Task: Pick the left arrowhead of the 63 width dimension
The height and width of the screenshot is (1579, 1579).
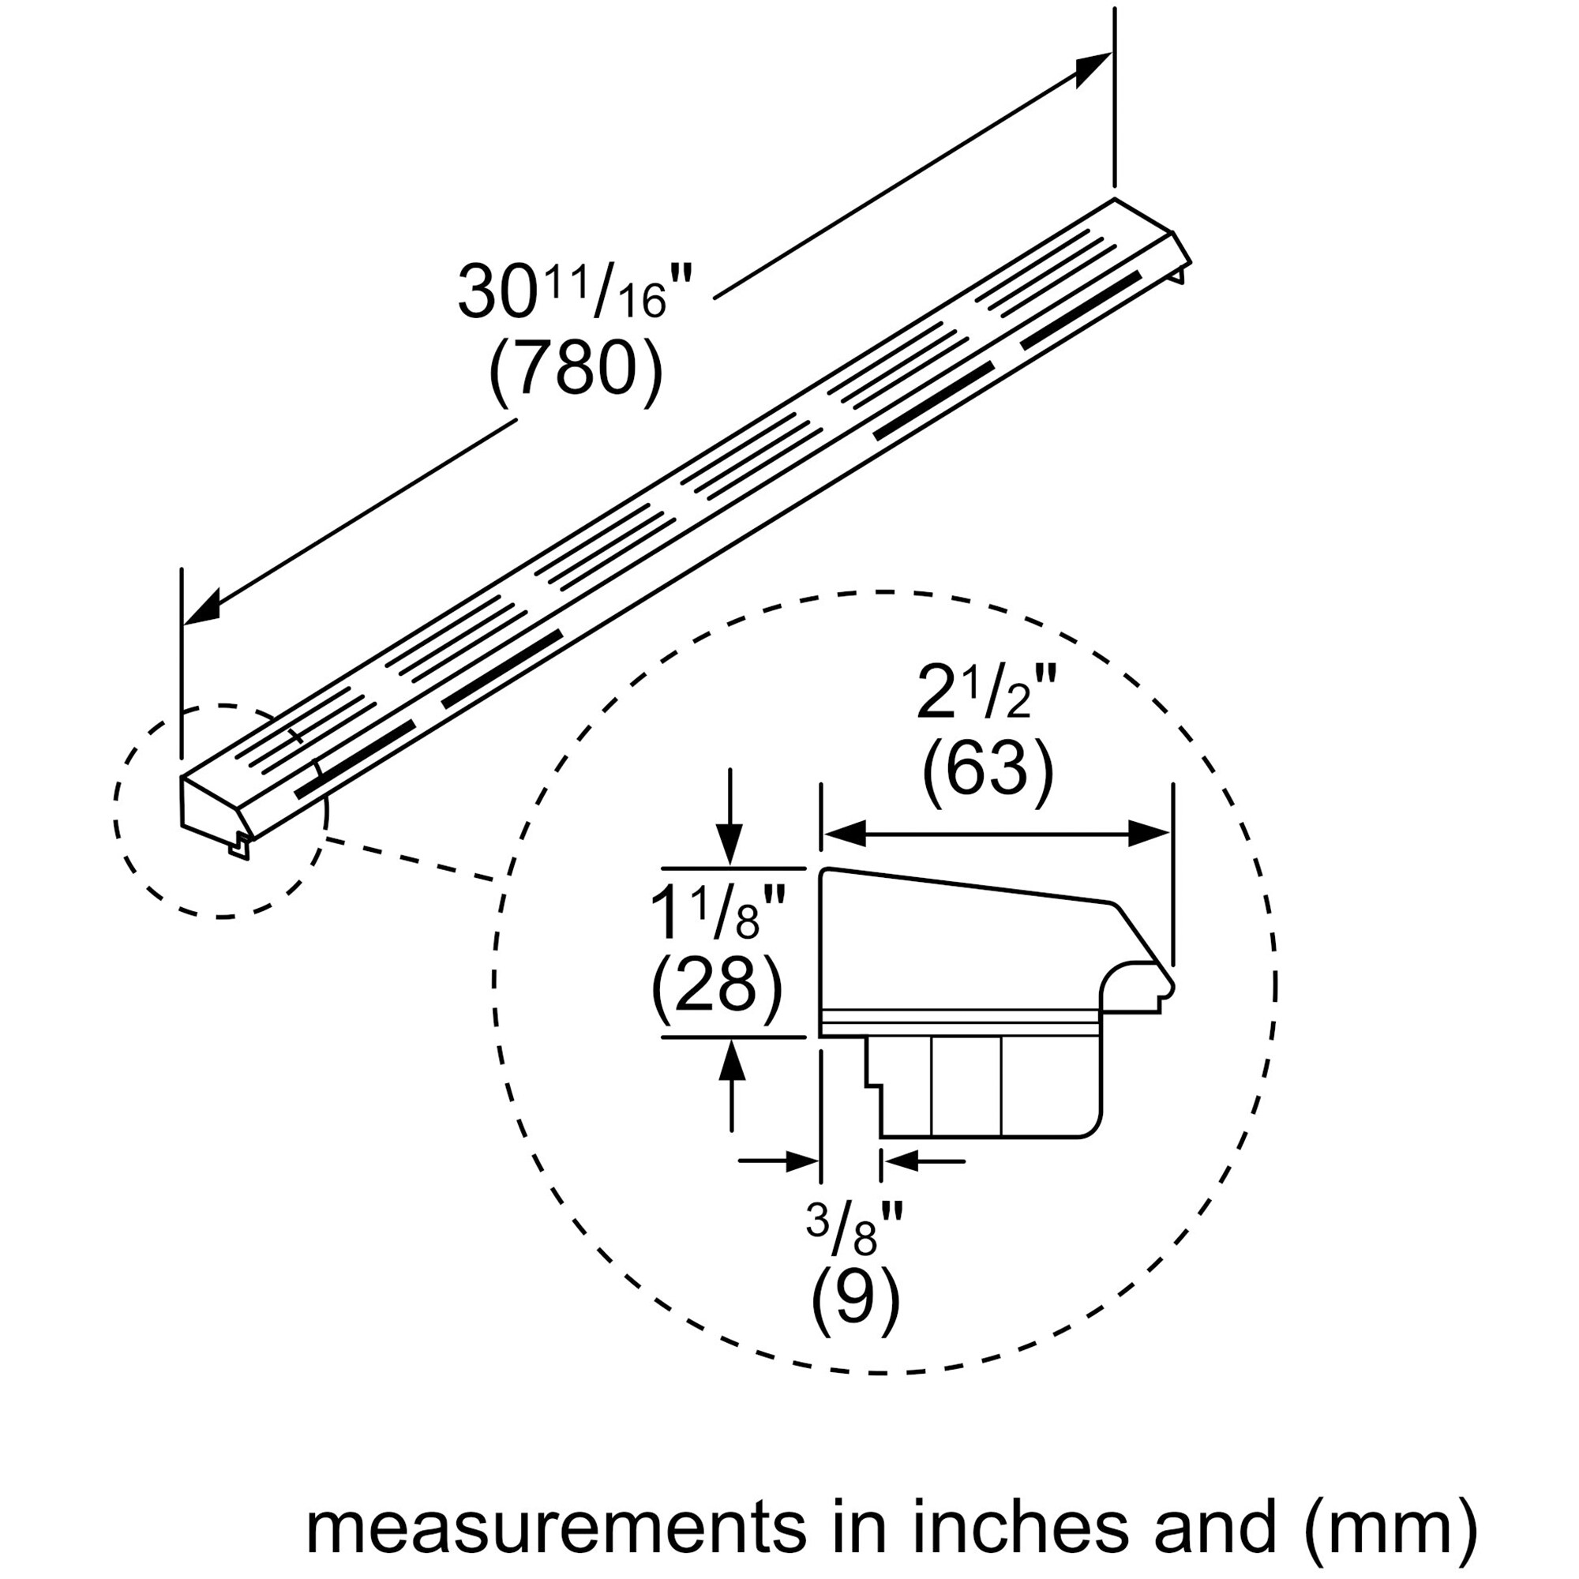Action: (x=842, y=835)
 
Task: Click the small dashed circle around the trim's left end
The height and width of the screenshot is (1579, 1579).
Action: (x=115, y=809)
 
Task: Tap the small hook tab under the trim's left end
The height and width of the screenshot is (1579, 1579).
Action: (x=237, y=850)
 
